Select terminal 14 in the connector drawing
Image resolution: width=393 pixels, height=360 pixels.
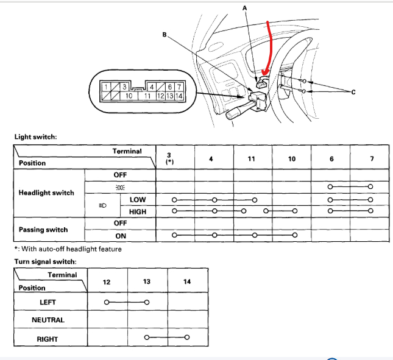click(x=179, y=96)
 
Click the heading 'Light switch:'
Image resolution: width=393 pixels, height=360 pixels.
click(x=35, y=137)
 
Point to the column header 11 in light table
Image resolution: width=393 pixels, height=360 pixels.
click(x=252, y=159)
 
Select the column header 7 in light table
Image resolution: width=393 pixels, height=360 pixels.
click(x=371, y=159)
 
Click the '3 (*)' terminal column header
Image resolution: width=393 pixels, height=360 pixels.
click(x=169, y=159)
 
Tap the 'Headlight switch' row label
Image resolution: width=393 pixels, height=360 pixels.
click(x=46, y=193)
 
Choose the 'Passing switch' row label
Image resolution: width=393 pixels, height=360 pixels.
click(x=43, y=230)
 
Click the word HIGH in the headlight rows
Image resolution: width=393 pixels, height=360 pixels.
click(x=138, y=212)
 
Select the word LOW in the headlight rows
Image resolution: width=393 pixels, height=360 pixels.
click(x=138, y=199)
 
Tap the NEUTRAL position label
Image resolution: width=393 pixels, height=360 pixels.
click(x=48, y=320)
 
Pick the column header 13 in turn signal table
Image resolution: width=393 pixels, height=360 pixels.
click(x=147, y=281)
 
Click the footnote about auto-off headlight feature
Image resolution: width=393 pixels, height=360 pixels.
click(x=68, y=249)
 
